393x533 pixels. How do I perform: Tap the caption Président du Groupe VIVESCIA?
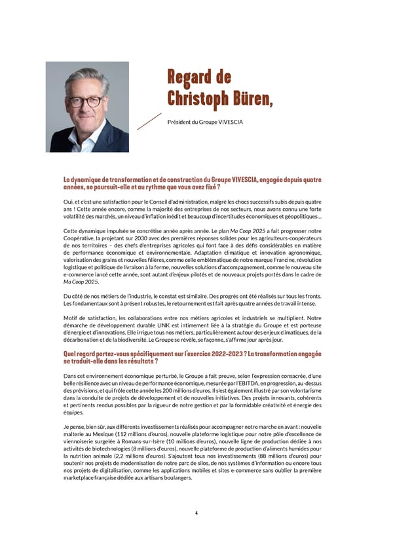click(205, 122)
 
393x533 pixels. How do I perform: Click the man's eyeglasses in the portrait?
click(86, 101)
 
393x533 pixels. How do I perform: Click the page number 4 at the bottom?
click(196, 512)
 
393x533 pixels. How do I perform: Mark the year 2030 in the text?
click(142, 238)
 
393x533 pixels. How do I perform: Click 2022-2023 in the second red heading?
click(219, 354)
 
